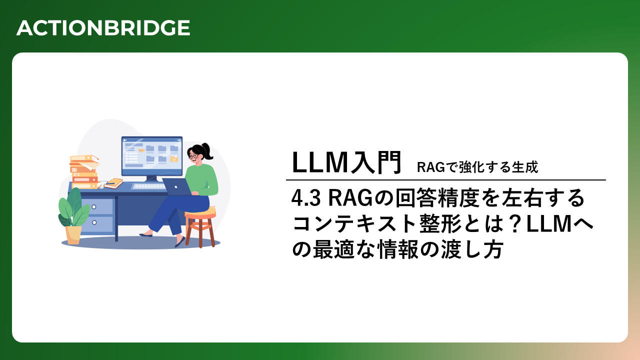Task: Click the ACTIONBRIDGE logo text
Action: click(x=103, y=28)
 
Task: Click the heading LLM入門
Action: click(x=346, y=162)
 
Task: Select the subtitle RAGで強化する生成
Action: click(x=477, y=167)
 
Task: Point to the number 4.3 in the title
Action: click(x=305, y=198)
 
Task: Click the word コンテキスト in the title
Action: click(x=355, y=223)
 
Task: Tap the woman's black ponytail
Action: click(x=207, y=150)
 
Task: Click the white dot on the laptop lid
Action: click(x=176, y=187)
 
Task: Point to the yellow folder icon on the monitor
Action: click(x=174, y=159)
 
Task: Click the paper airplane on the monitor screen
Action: click(x=141, y=150)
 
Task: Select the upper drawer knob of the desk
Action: click(x=94, y=206)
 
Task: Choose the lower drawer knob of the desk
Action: click(x=94, y=222)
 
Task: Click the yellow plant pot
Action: click(x=73, y=235)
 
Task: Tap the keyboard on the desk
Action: click(x=149, y=186)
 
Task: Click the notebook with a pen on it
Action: click(x=113, y=183)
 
